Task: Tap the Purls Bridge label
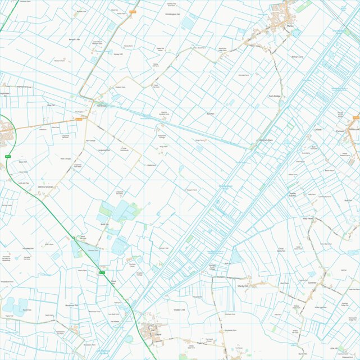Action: click(x=274, y=97)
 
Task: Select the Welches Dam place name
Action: click(x=265, y=140)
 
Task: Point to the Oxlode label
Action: click(x=318, y=130)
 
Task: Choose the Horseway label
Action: click(x=101, y=106)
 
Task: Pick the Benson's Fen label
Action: click(x=75, y=40)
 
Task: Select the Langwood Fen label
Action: click(x=104, y=150)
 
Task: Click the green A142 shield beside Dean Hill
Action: click(x=7, y=156)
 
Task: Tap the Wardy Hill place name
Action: click(x=243, y=286)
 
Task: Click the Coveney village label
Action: click(x=312, y=283)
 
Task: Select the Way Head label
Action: click(x=307, y=218)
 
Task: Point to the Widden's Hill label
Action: click(x=179, y=309)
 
